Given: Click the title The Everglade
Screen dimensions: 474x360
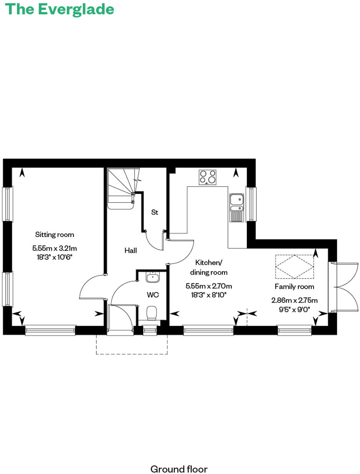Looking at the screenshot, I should (x=60, y=9).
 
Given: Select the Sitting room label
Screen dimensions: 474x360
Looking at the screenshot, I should (x=54, y=234).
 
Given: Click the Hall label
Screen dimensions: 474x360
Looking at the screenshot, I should (x=130, y=250).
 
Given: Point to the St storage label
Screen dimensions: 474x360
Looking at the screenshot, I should (x=154, y=212).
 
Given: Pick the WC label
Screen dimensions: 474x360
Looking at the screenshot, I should (x=153, y=295).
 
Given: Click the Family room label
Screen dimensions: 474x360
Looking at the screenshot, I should (x=294, y=287).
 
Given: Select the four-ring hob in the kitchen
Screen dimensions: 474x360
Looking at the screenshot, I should (x=207, y=177).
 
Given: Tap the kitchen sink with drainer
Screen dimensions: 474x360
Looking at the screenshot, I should (x=236, y=208).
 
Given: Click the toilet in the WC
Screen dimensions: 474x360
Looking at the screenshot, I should (x=152, y=313).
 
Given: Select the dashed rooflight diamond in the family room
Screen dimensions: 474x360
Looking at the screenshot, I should (x=294, y=266).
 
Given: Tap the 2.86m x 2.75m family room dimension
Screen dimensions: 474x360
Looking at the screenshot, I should (x=295, y=300).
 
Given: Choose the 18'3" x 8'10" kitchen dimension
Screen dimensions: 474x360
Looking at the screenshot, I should (x=209, y=295).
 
